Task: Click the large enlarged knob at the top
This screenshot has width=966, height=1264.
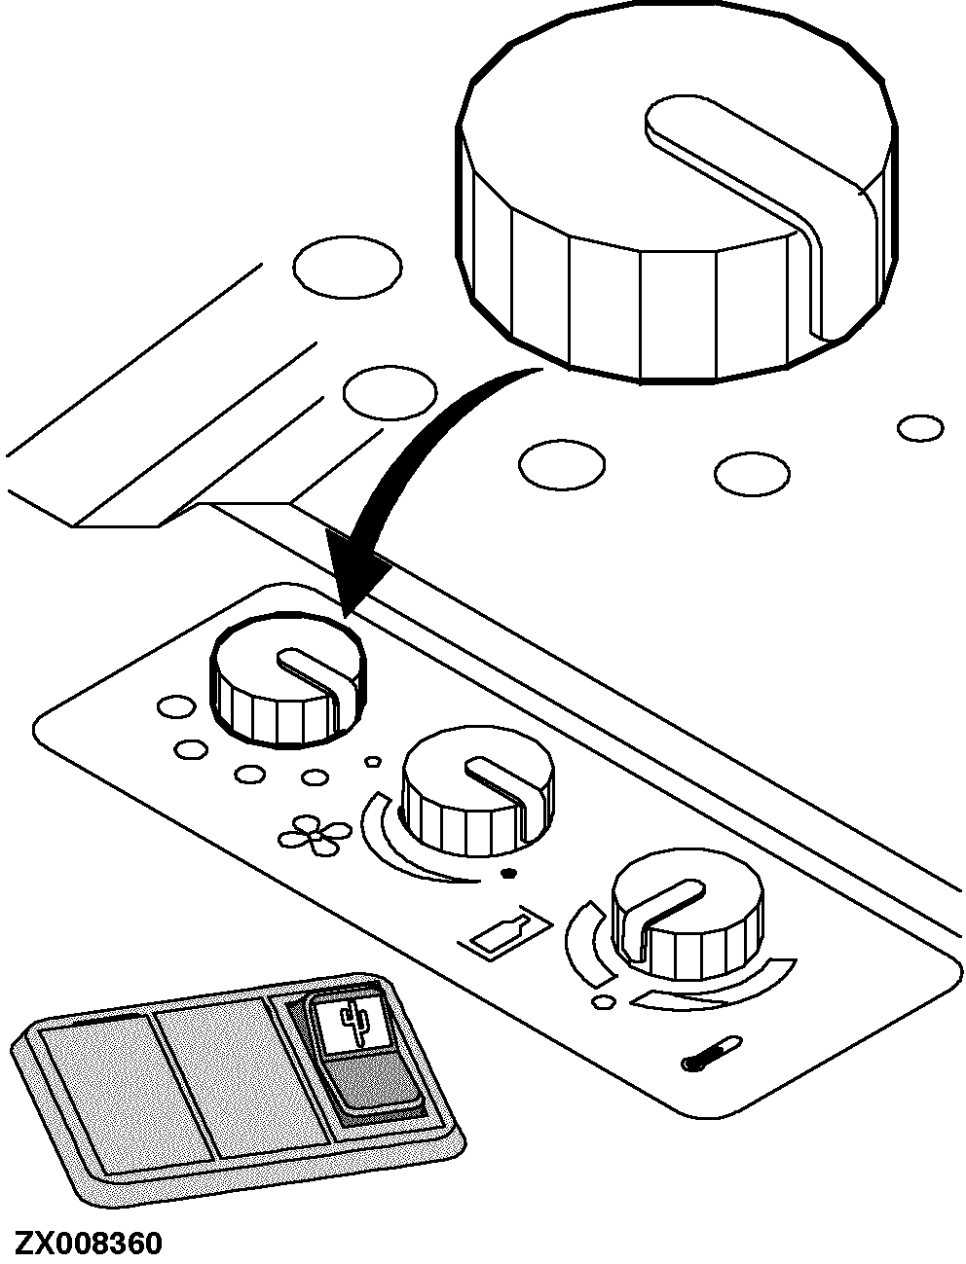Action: (677, 193)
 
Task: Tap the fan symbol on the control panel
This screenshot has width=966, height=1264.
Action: (315, 834)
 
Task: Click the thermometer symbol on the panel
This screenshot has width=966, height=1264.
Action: (712, 1053)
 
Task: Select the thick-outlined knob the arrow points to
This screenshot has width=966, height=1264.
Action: (288, 679)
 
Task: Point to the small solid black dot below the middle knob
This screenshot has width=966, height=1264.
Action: (508, 874)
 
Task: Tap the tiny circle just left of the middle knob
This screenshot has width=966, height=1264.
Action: (374, 761)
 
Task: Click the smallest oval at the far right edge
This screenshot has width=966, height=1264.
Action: (920, 428)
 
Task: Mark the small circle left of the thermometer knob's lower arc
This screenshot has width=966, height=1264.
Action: (604, 1002)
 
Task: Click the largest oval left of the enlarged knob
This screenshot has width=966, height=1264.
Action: (348, 267)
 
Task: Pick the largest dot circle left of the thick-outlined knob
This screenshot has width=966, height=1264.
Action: (177, 706)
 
